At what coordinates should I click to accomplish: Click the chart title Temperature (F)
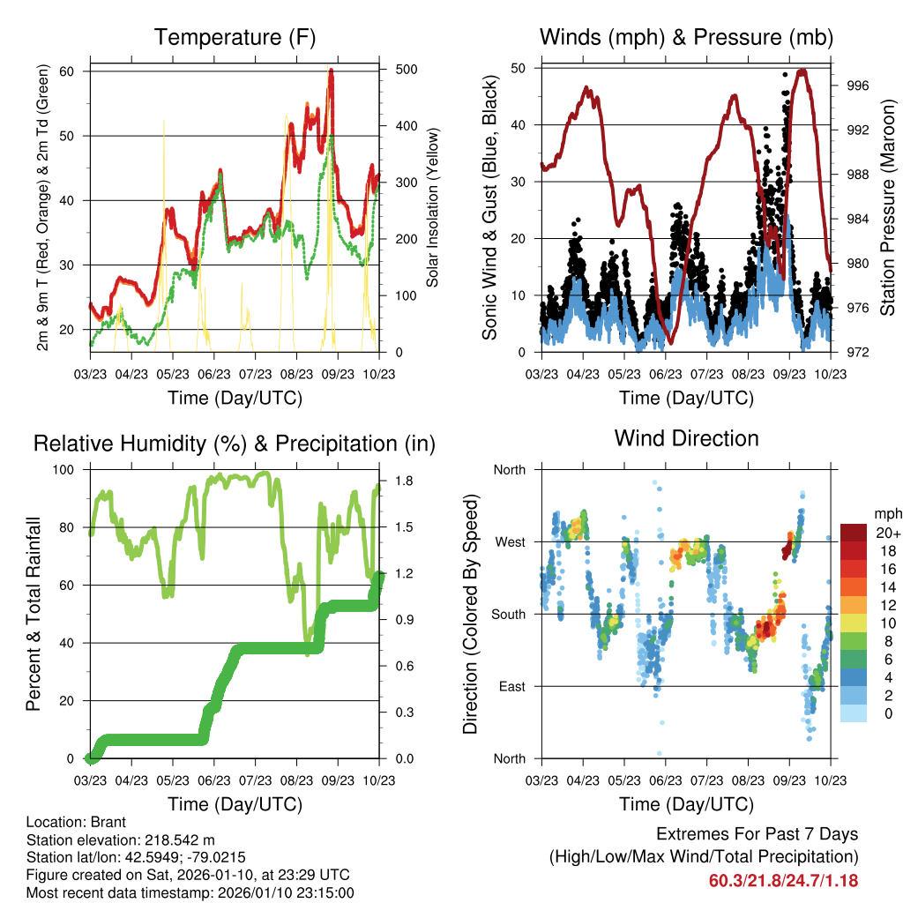pyautogui.click(x=235, y=37)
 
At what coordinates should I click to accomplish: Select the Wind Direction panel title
pyautogui.click(x=686, y=438)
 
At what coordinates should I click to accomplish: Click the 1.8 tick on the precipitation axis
pyautogui.click(x=395, y=481)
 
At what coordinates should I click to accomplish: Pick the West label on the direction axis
pyautogui.click(x=509, y=541)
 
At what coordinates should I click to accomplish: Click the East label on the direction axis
pyautogui.click(x=511, y=686)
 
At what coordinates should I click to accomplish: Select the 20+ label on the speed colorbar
pyautogui.click(x=888, y=533)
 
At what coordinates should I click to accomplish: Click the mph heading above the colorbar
pyautogui.click(x=885, y=513)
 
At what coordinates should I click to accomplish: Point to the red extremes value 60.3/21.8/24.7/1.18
pyautogui.click(x=783, y=880)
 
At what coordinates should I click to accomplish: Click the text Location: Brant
pyautogui.click(x=78, y=822)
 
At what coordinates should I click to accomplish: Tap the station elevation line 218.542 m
pyautogui.click(x=121, y=840)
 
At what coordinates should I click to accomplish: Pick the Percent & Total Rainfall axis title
pyautogui.click(x=34, y=614)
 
